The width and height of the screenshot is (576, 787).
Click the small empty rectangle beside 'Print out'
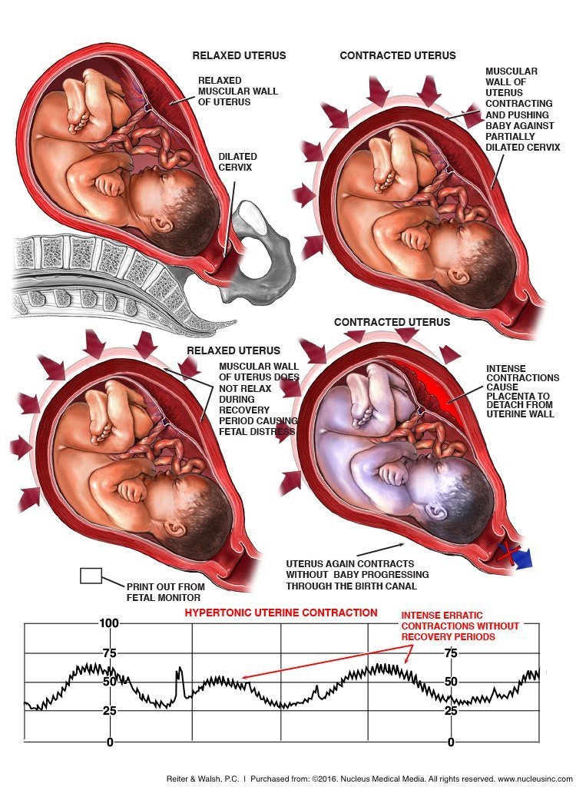[x=91, y=576]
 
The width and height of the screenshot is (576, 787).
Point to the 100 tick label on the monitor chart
[x=108, y=623]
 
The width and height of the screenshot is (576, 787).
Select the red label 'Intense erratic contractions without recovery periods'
[x=461, y=626]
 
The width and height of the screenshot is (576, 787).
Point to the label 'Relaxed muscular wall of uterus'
[x=235, y=90]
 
